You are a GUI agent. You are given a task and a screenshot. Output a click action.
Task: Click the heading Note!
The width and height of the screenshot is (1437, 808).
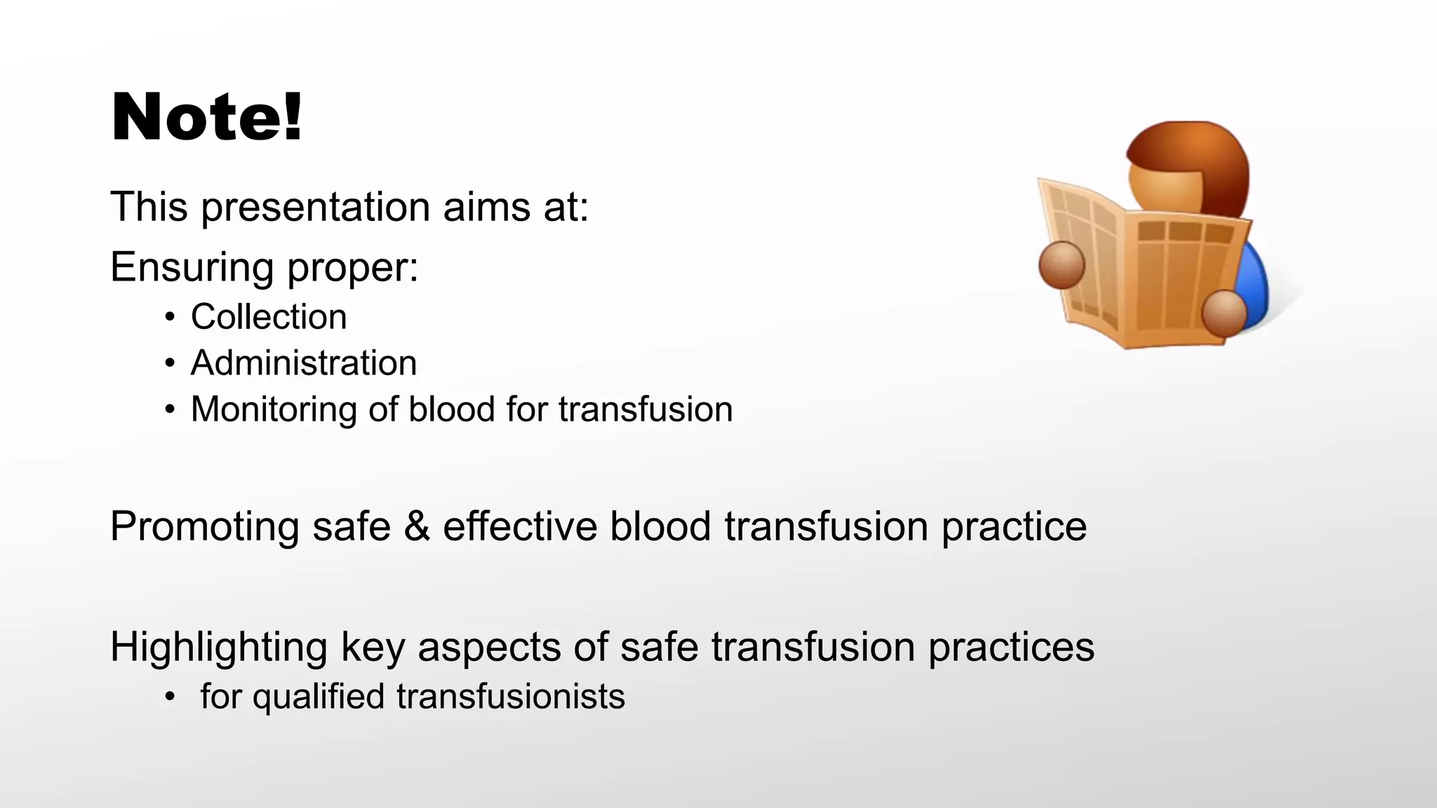[207, 117]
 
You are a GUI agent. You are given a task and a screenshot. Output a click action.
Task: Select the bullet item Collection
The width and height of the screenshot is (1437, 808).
[269, 317]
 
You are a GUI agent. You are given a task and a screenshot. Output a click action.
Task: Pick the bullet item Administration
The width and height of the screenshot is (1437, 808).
[304, 363]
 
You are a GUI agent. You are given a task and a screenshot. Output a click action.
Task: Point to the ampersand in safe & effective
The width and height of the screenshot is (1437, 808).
[417, 526]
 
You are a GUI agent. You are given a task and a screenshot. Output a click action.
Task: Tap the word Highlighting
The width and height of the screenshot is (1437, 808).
[218, 647]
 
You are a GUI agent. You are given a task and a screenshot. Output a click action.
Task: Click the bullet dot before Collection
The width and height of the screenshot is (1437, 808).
[169, 318]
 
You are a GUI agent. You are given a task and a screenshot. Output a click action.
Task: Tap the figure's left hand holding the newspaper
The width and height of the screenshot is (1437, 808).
[1061, 265]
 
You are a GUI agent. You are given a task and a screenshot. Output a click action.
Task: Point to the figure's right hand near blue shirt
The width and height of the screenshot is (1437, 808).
[1224, 312]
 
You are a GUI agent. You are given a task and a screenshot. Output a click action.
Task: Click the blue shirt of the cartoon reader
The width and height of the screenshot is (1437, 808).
[1255, 281]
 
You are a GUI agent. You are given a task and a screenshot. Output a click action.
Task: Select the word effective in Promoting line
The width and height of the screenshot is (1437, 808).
[519, 526]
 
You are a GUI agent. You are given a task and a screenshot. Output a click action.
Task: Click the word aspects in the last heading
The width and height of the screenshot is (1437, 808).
[489, 647]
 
